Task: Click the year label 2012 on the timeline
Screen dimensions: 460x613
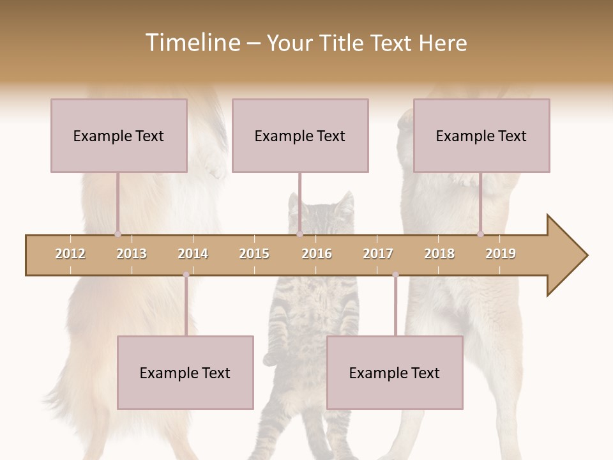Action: click(x=70, y=254)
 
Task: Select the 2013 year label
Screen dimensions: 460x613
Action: click(x=132, y=254)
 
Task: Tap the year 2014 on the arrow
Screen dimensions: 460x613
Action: click(x=193, y=254)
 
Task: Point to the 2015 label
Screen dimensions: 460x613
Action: click(x=254, y=254)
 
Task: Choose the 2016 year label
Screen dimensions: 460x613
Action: click(x=317, y=254)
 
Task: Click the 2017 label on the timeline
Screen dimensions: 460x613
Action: click(x=378, y=254)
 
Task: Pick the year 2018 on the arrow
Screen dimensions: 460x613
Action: click(x=439, y=254)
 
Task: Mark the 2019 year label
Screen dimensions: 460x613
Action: click(x=501, y=254)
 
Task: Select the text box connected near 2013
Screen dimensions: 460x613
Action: click(x=119, y=135)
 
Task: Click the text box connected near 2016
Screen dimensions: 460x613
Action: click(x=300, y=135)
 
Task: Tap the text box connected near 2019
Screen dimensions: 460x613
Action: click(x=481, y=135)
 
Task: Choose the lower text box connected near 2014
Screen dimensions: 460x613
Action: click(x=185, y=372)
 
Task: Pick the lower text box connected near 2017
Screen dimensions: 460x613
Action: click(x=395, y=372)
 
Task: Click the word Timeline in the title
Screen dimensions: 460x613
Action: click(x=191, y=43)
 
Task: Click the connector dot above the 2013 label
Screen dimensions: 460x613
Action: click(x=117, y=234)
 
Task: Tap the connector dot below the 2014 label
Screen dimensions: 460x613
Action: click(x=186, y=275)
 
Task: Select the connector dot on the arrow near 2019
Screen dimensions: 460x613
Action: click(x=480, y=234)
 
